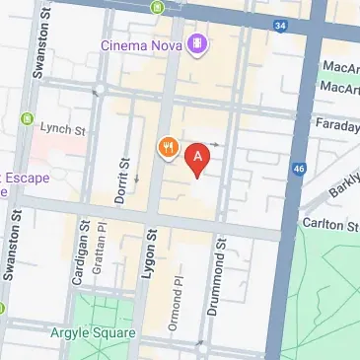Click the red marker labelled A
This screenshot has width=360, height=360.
pos(198,158)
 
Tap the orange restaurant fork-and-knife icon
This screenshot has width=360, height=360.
pos(168,148)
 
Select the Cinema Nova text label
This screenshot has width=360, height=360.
pos(147,43)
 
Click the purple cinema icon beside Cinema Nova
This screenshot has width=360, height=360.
pos(199,43)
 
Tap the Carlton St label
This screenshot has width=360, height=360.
pos(333,226)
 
